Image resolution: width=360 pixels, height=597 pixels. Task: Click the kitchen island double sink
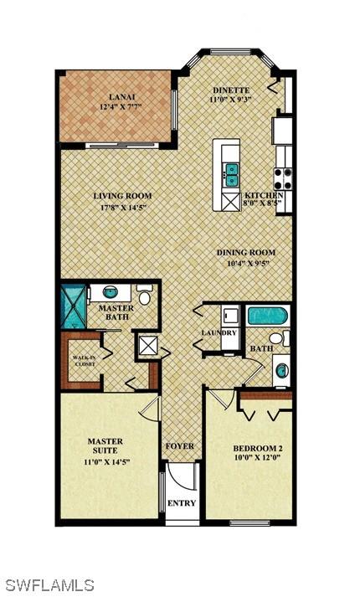pos(231,175)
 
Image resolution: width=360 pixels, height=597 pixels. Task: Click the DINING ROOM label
pos(246,252)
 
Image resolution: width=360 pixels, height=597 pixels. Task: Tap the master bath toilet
pos(144,295)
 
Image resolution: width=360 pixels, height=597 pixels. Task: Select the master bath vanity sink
pos(111,292)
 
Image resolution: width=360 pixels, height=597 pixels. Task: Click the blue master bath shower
pos(74,306)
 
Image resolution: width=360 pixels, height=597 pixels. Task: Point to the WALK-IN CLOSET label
pos(84,361)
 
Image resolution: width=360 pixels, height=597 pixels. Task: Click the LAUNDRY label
pos(219,332)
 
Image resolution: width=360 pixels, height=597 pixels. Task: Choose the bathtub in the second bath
pos(267,316)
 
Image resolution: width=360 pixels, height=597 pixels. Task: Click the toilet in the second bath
pos(279,338)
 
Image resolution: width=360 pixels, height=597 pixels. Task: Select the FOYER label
pos(180,446)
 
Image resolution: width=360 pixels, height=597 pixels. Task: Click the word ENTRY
pos(182,503)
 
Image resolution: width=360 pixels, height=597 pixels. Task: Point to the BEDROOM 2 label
pos(258,449)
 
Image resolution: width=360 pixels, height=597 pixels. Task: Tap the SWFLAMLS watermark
pos(50,585)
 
